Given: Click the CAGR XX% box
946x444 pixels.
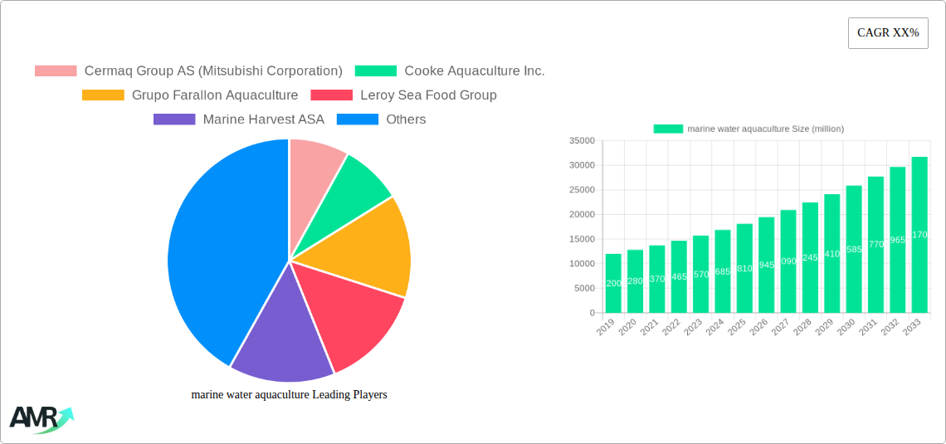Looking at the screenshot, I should coord(887,33).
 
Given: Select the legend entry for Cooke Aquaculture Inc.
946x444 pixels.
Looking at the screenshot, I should coord(450,71).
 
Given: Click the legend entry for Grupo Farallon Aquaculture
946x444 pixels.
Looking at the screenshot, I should coord(190,95).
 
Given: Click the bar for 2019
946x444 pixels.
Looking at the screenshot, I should coord(613,283).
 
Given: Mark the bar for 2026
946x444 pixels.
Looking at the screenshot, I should coord(766,265).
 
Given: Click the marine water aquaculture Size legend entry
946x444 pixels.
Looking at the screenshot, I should coord(748,129).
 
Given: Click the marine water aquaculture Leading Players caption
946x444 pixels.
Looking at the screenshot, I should coord(289,395).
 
